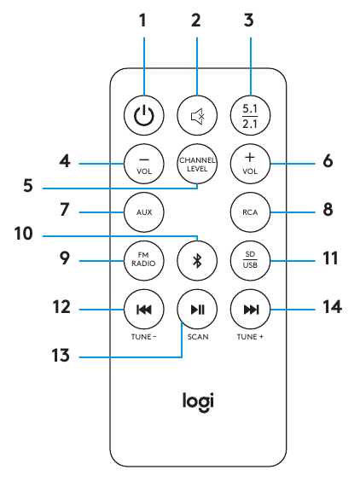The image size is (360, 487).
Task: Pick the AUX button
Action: coord(142,209)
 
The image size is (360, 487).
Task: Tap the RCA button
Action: coord(250,209)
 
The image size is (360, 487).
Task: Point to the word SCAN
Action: coord(196,337)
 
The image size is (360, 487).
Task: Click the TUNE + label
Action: coord(251,337)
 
